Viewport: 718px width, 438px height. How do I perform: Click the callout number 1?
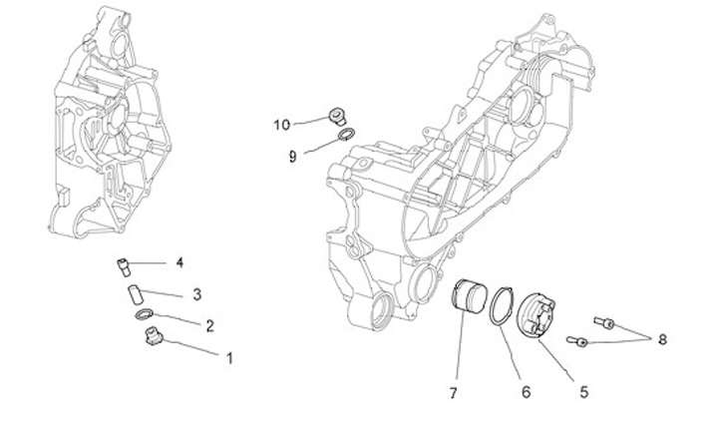pos(230,356)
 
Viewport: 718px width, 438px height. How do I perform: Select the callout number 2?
pos(210,325)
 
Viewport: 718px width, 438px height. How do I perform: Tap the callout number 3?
pos(197,294)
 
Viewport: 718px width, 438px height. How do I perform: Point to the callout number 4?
pos(179,262)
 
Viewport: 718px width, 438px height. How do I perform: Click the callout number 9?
pos(293,156)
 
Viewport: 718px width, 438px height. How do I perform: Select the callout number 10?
pos(282,125)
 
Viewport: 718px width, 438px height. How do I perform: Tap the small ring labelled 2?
pos(147,316)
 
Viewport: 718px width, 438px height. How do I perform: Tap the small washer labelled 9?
pos(342,136)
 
